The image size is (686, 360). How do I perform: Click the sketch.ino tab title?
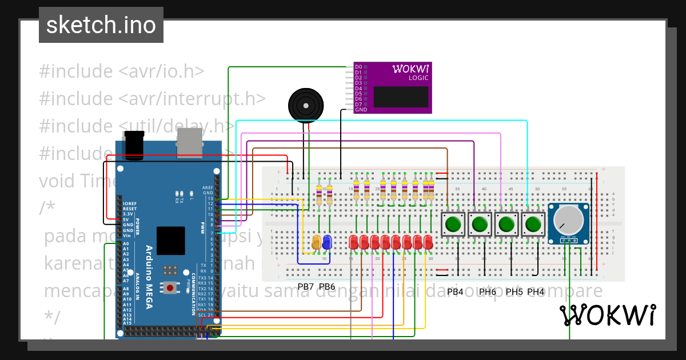[101, 25]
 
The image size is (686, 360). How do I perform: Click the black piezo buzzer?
[305, 105]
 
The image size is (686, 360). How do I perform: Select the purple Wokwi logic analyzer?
[392, 88]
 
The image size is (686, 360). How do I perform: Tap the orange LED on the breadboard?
[316, 242]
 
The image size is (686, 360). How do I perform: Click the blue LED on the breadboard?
[327, 242]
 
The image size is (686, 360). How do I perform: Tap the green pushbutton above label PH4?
[533, 224]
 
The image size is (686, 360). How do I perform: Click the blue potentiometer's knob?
[568, 219]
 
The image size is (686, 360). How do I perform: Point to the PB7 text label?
[306, 287]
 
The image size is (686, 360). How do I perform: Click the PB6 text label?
[327, 287]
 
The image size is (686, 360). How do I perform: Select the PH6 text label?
[488, 292]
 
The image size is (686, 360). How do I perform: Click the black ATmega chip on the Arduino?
[170, 240]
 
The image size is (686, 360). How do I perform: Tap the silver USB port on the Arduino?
[190, 142]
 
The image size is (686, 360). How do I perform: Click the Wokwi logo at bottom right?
[607, 315]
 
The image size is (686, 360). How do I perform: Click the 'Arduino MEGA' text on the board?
[149, 277]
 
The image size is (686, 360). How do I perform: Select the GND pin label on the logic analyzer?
[361, 110]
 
